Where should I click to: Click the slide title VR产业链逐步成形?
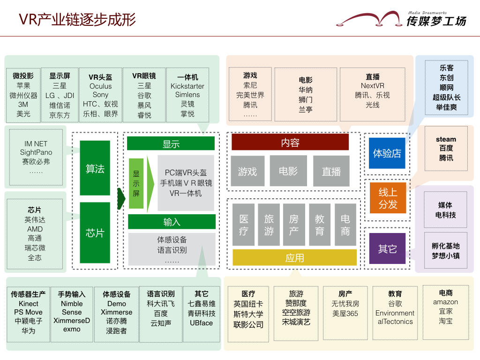(x=77, y=20)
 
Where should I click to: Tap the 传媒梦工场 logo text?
(x=436, y=21)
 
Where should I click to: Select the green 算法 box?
(x=95, y=168)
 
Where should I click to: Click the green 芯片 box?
(x=95, y=232)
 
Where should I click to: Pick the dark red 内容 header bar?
(x=290, y=142)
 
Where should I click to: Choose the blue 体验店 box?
(x=387, y=153)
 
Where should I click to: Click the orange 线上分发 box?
(x=387, y=198)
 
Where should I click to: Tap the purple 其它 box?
(x=387, y=249)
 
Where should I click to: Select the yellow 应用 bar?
(x=294, y=258)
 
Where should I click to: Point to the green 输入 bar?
(x=172, y=222)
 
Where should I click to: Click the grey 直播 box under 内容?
(x=331, y=171)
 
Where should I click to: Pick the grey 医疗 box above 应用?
(x=244, y=225)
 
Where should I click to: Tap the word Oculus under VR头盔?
(x=101, y=86)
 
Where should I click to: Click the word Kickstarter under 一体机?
(x=187, y=86)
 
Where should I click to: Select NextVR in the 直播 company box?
(x=372, y=86)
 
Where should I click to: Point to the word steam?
(x=446, y=139)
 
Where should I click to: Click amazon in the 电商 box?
(x=445, y=302)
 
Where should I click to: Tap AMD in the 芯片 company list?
(x=35, y=229)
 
